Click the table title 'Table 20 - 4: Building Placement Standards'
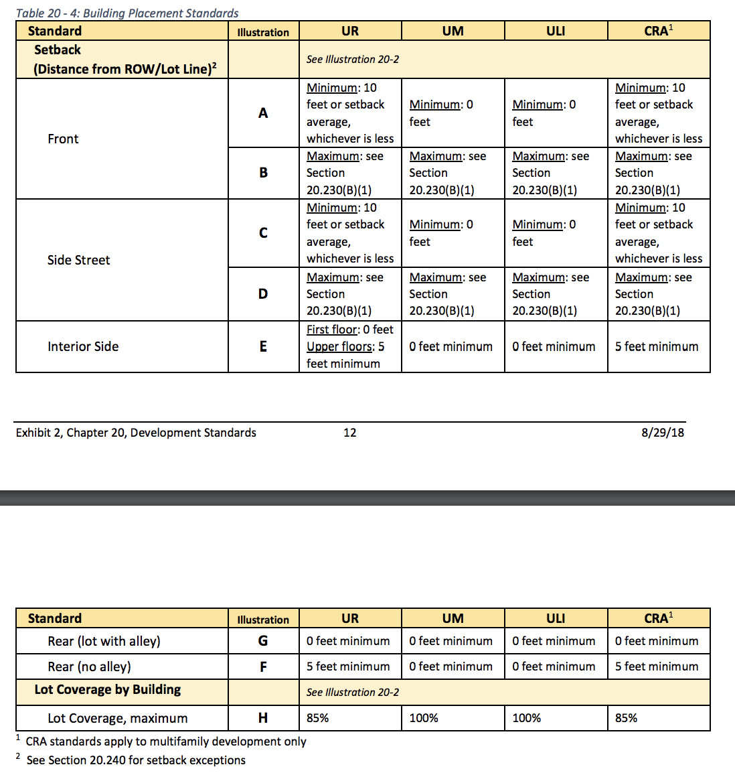point(127,13)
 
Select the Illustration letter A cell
point(263,113)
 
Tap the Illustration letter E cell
point(263,346)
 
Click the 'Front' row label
point(63,139)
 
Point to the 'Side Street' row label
point(78,260)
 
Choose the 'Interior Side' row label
point(83,346)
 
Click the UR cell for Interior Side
point(349,346)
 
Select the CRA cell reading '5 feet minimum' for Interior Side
point(657,346)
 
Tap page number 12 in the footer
point(349,433)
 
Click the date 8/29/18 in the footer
point(662,433)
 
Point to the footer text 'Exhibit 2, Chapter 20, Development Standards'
point(136,433)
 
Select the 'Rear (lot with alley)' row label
point(104,641)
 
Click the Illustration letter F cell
point(263,666)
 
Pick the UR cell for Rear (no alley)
point(348,666)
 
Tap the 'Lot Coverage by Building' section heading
point(108,690)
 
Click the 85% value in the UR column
point(318,718)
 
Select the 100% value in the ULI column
point(527,718)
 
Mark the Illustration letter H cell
point(263,718)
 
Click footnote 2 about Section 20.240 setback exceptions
point(135,760)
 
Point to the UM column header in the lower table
point(453,618)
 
